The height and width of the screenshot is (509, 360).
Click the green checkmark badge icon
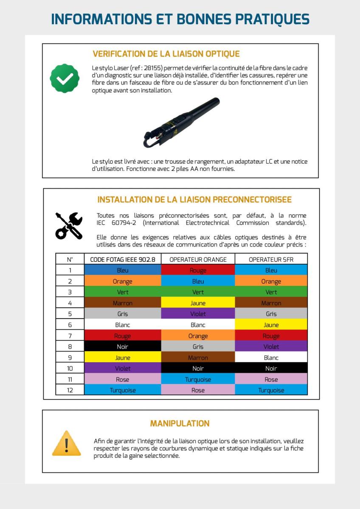click(65, 78)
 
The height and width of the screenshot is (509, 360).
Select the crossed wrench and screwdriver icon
click(69, 225)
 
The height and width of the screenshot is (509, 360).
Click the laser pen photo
click(182, 123)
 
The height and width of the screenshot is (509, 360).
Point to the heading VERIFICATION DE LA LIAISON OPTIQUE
click(166, 54)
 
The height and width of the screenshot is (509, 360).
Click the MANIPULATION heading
click(180, 423)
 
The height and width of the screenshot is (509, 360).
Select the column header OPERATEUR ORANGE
click(198, 259)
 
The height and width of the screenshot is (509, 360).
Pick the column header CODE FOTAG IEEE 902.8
click(123, 259)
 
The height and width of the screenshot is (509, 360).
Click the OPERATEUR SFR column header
click(271, 259)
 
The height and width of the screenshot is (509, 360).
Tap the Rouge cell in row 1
click(198, 270)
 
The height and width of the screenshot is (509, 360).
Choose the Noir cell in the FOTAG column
click(123, 347)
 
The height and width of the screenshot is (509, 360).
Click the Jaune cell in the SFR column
click(271, 325)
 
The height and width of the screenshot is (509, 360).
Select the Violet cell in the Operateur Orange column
click(198, 314)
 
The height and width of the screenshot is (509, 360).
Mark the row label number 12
click(70, 390)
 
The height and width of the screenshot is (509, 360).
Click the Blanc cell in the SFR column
click(271, 358)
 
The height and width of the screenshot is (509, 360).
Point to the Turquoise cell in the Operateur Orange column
click(198, 380)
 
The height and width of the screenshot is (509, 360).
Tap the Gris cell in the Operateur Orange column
click(198, 347)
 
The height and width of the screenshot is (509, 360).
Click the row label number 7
click(70, 336)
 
